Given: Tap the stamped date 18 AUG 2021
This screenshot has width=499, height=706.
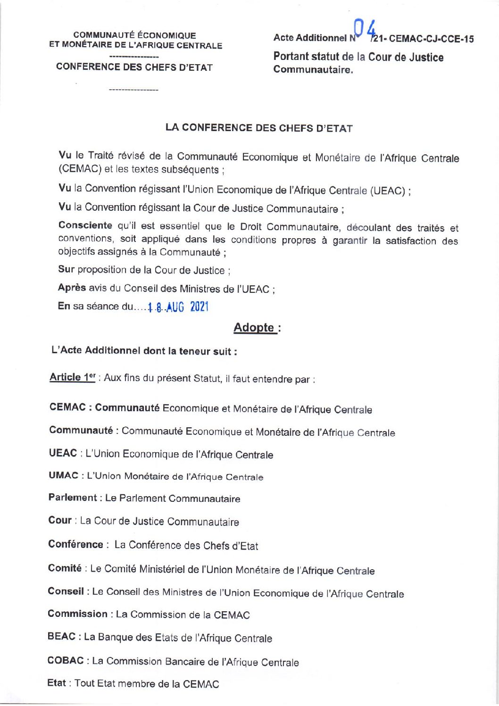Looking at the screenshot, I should click(x=177, y=307).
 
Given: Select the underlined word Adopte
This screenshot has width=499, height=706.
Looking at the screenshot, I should click(x=254, y=327).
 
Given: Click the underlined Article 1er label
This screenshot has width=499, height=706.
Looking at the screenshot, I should click(x=73, y=377).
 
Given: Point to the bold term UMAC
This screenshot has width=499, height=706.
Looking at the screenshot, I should click(x=63, y=475).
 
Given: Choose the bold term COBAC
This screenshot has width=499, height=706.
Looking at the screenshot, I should click(x=66, y=660).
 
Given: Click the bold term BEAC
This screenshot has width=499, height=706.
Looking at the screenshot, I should click(x=61, y=637).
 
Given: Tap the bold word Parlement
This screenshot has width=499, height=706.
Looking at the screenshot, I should click(x=72, y=498).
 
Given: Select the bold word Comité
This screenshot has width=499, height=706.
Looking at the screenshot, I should click(x=65, y=568).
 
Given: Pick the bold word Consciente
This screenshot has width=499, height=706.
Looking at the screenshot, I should click(x=85, y=225).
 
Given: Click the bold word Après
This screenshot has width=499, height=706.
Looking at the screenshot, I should click(x=72, y=288).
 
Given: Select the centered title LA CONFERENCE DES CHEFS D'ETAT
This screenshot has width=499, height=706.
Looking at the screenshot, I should click(x=259, y=128).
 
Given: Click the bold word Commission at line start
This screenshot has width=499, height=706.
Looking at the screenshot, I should click(x=77, y=614).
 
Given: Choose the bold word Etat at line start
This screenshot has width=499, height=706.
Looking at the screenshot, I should click(x=57, y=683).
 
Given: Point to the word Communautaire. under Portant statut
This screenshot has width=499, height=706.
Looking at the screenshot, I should click(x=313, y=70).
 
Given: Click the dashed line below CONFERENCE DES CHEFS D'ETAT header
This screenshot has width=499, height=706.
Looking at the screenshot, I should click(x=133, y=89).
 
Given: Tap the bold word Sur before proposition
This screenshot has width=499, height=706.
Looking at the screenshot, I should click(x=66, y=269).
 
